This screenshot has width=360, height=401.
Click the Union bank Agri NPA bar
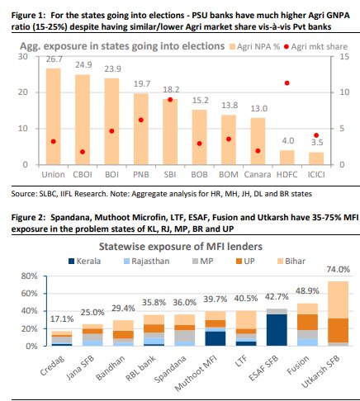click(x=53, y=116)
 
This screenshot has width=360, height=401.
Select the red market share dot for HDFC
click(x=287, y=83)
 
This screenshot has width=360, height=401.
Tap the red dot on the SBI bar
click(x=170, y=100)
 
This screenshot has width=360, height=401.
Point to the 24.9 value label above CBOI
click(x=83, y=65)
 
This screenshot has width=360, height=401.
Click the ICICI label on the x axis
click(x=316, y=175)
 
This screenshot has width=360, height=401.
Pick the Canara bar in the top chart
click(x=258, y=141)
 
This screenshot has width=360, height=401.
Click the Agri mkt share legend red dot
click(x=287, y=47)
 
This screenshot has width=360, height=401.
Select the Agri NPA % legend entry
click(x=255, y=47)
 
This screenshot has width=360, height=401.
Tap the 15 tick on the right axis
click(x=344, y=57)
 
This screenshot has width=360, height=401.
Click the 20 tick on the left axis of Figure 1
click(x=23, y=92)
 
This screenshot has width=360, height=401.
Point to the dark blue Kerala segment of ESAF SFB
click(x=277, y=330)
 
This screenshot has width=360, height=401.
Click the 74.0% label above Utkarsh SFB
click(x=339, y=270)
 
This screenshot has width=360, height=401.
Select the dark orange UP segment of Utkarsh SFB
click(x=339, y=330)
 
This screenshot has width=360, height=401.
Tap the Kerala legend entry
click(x=85, y=261)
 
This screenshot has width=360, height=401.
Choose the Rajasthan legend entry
click(x=147, y=261)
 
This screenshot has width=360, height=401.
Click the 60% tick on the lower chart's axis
click(x=30, y=294)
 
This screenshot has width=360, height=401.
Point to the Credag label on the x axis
click(x=52, y=366)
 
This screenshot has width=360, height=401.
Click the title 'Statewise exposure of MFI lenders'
click(x=181, y=247)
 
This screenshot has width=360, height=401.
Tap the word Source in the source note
click(x=23, y=194)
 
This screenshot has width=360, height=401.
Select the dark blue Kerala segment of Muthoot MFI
click(x=216, y=338)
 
